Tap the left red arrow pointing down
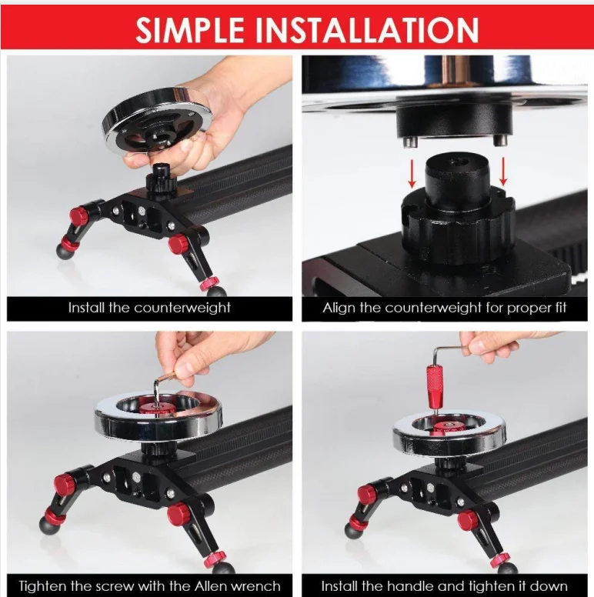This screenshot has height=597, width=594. click(412, 172)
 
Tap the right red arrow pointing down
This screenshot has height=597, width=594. click(504, 170)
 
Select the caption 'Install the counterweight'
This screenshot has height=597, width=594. click(149, 309)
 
